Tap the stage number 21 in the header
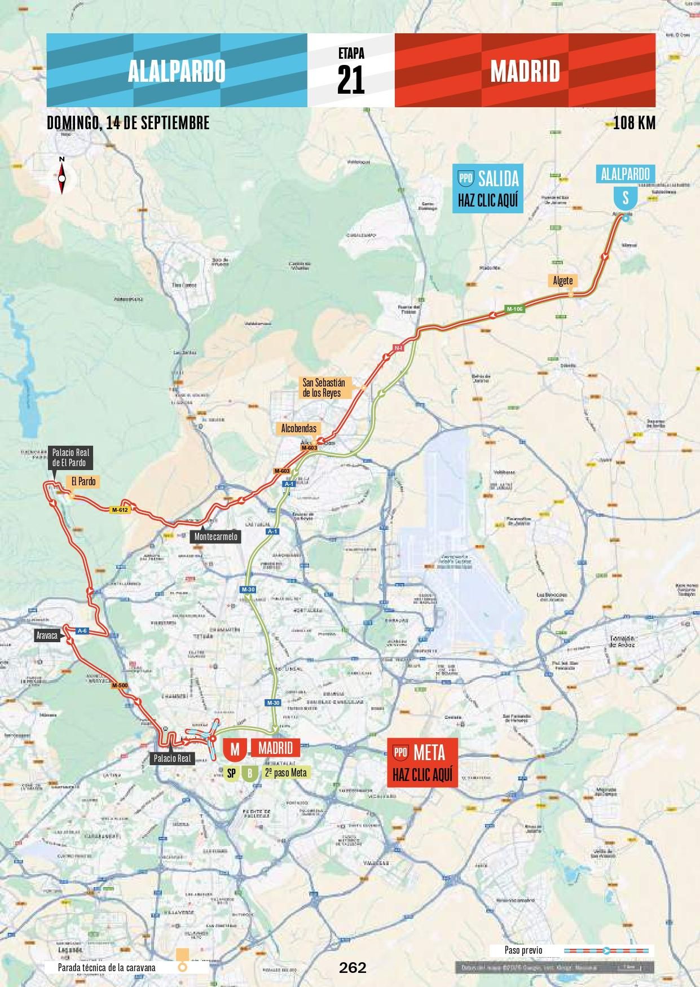tap(351, 79)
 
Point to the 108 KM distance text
tap(634, 122)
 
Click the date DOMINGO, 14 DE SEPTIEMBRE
tap(128, 122)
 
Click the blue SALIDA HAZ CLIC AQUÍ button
tap(488, 188)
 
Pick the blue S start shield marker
tap(625, 198)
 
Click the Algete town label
tap(562, 281)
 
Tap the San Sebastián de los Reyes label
tap(323, 388)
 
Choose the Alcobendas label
tap(299, 428)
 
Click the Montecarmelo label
tap(216, 537)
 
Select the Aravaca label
tap(47, 635)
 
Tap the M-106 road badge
tap(514, 309)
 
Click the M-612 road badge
tap(120, 510)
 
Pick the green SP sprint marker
tap(231, 773)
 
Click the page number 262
tap(353, 967)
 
